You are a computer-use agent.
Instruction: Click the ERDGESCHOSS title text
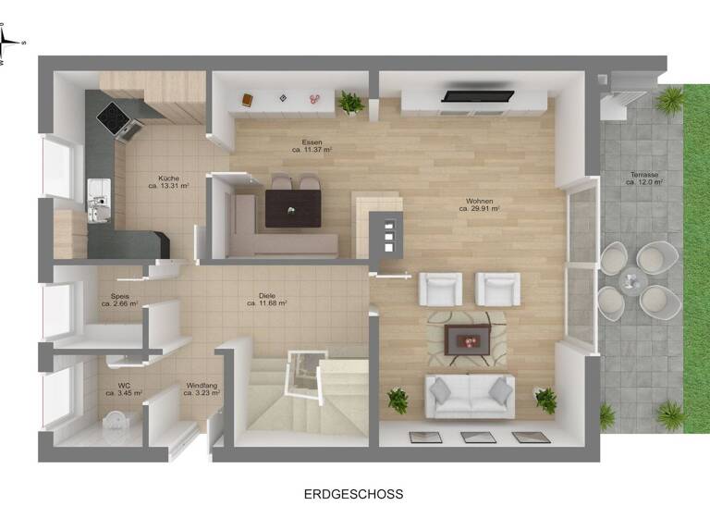click(354, 494)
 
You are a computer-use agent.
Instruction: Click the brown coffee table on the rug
click(468, 339)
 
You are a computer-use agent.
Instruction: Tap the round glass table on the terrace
click(631, 278)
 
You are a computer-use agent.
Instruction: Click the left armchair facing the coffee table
click(440, 289)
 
